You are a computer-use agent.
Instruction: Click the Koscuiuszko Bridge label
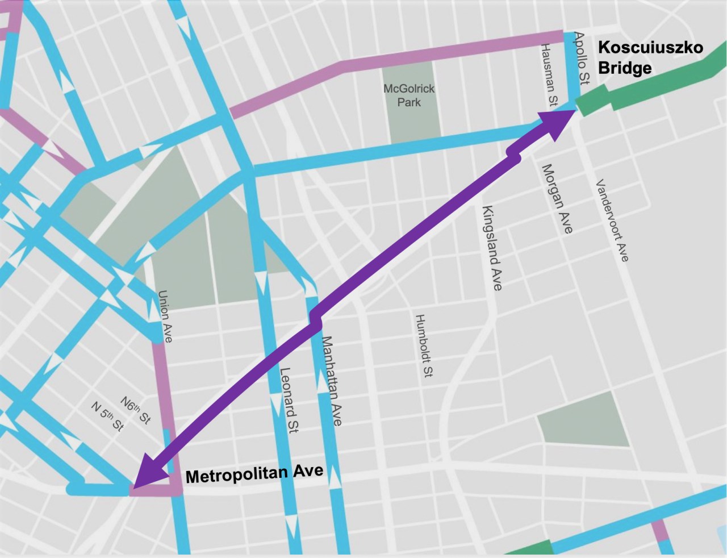650,57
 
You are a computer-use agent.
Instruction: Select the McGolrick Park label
409,95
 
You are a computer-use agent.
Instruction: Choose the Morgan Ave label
557,199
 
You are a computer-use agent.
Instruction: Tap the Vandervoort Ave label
612,220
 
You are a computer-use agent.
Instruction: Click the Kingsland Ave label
492,248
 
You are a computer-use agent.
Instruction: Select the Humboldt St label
424,345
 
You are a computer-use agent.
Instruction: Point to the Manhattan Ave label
332,381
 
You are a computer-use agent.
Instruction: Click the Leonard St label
289,401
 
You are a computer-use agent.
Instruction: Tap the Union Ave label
165,317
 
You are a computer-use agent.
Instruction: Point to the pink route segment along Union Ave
162,386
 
